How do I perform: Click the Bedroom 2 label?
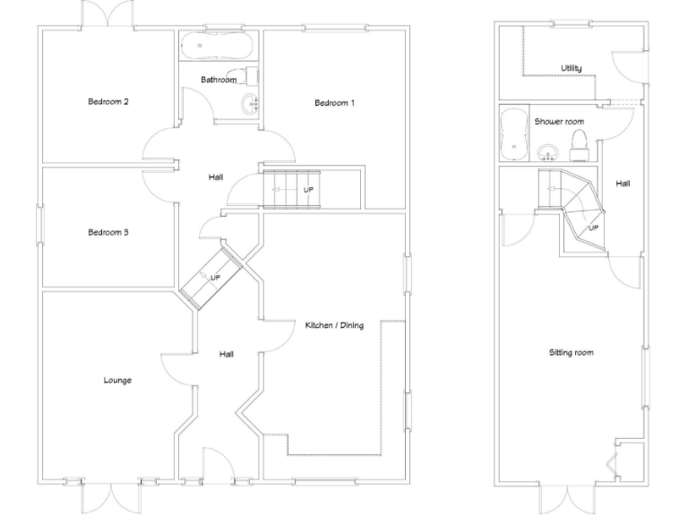pos(107,101)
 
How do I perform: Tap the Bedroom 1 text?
pos(334,103)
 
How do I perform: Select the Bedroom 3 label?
pos(107,233)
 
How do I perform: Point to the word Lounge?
pos(116,380)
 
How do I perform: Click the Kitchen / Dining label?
pos(333,325)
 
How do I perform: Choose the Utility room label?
pos(571,68)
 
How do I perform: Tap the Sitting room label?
pos(571,353)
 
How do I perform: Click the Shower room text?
pos(559,121)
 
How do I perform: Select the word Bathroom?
pos(218,80)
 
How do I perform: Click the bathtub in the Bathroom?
pos(218,46)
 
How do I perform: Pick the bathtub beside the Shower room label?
pos(513,133)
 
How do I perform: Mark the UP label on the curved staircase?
pos(593,228)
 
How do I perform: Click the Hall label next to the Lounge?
pos(227,355)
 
